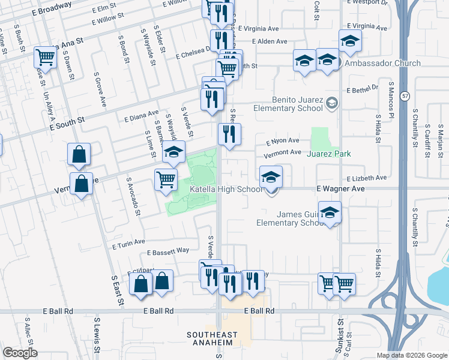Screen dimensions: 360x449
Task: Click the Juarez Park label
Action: pyautogui.click(x=328, y=154)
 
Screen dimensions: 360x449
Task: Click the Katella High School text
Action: pyautogui.click(x=226, y=190)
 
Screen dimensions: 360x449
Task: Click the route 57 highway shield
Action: pyautogui.click(x=406, y=95)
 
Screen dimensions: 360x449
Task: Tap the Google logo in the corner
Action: pyautogui.click(x=20, y=353)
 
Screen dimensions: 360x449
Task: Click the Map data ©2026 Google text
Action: pyautogui.click(x=411, y=355)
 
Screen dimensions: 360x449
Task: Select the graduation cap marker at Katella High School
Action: pyautogui.click(x=271, y=177)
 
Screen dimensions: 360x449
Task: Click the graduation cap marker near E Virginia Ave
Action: pyautogui.click(x=350, y=41)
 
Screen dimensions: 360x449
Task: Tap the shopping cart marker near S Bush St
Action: pyautogui.click(x=44, y=58)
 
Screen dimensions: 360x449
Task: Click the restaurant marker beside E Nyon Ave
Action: pyautogui.click(x=229, y=134)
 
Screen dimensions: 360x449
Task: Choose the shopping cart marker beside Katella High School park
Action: pyautogui.click(x=165, y=179)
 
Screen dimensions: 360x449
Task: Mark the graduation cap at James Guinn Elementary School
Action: pyautogui.click(x=330, y=212)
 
